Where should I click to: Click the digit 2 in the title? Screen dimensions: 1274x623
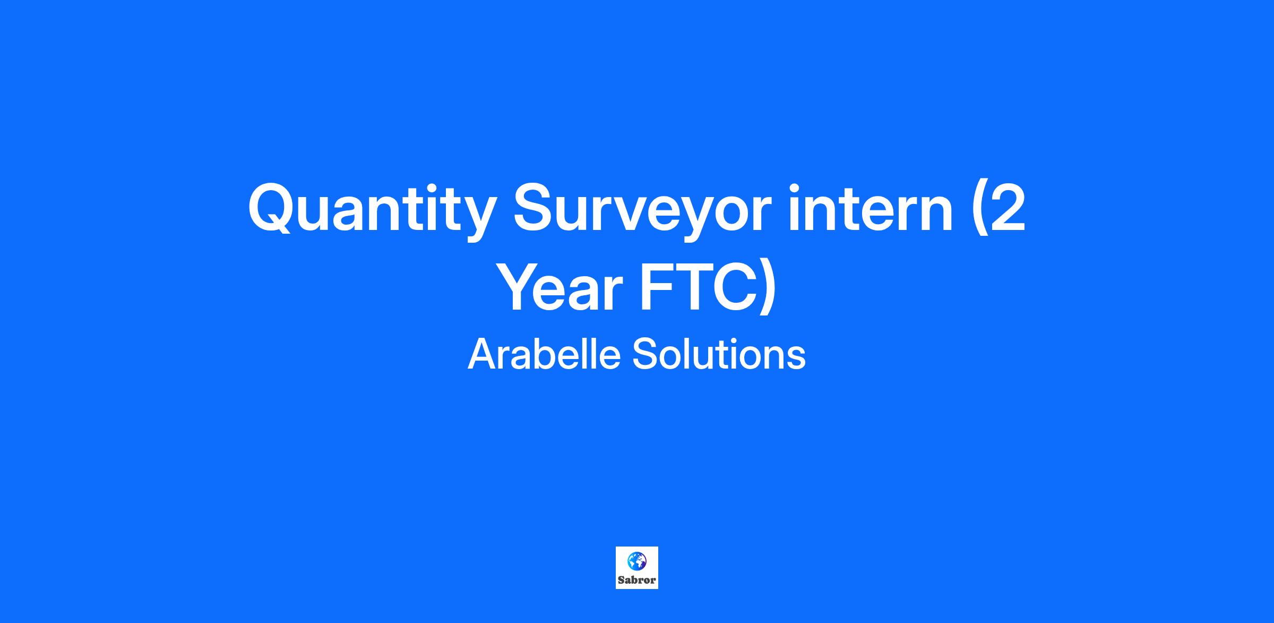[x=1004, y=208]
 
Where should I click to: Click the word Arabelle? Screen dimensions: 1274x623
[x=544, y=354]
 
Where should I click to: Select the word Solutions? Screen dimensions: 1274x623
[x=719, y=354]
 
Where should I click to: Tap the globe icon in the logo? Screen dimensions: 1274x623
[x=636, y=560]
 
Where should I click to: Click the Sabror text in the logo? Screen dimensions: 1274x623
[x=636, y=580]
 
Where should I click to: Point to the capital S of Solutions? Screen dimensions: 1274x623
[x=644, y=354]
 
